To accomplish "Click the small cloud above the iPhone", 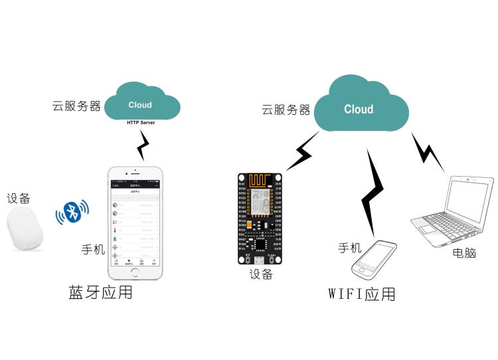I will [140, 103].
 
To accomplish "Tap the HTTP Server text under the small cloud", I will [145, 123].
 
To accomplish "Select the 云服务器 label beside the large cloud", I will [286, 110].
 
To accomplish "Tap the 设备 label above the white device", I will [19, 199].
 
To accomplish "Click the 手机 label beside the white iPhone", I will [93, 250].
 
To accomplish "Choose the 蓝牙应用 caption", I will [100, 292].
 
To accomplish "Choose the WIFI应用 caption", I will [362, 294].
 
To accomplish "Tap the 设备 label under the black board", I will [261, 274].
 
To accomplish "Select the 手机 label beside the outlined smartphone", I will [350, 248].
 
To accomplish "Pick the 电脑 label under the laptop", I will [464, 253].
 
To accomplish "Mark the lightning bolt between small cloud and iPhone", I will [143, 143].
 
